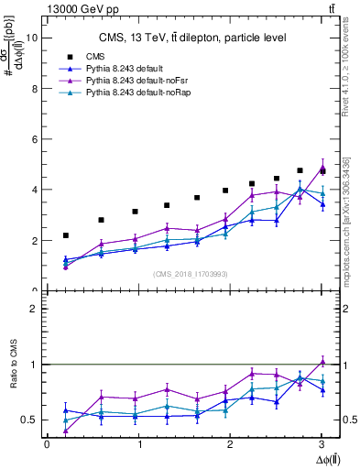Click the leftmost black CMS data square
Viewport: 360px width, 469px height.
click(x=65, y=235)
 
